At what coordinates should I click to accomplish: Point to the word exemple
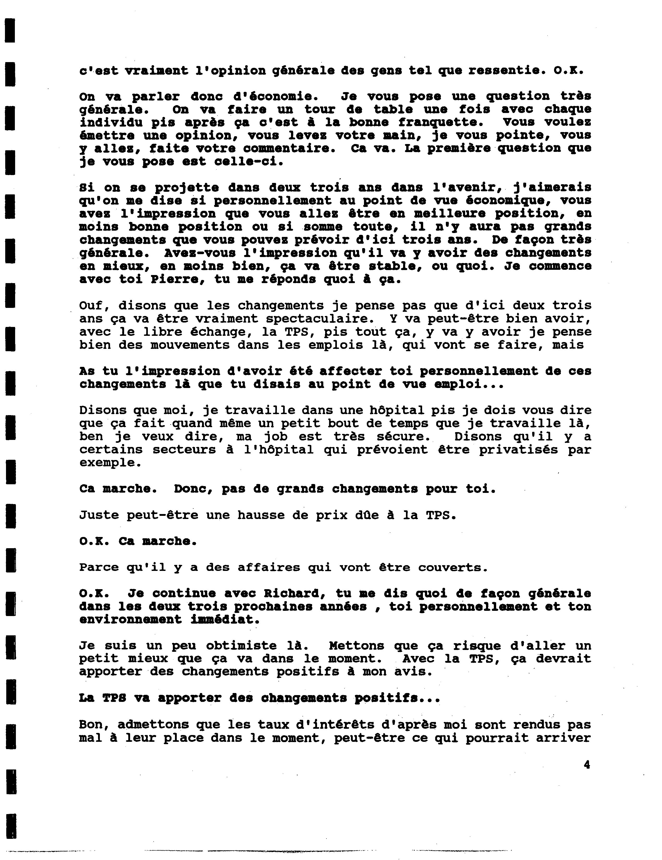pos(110,463)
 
